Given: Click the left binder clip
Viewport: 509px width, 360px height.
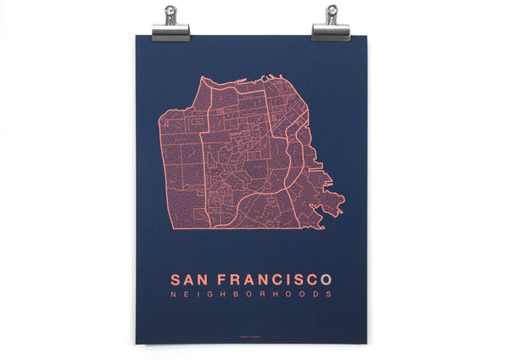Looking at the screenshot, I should click(x=171, y=31).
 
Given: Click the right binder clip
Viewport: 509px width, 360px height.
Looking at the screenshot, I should click(x=330, y=31).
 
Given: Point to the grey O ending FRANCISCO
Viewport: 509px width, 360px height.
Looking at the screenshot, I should click(x=337, y=278).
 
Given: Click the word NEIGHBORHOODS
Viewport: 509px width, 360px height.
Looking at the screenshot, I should click(x=250, y=295).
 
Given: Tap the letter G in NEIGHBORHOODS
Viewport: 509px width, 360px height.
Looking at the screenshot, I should click(x=210, y=295).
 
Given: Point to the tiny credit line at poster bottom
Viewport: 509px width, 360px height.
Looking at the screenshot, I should click(x=250, y=332).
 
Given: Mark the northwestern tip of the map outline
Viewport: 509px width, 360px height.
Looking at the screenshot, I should click(x=203, y=79).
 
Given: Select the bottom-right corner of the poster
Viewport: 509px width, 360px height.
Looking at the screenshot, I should click(x=367, y=344).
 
